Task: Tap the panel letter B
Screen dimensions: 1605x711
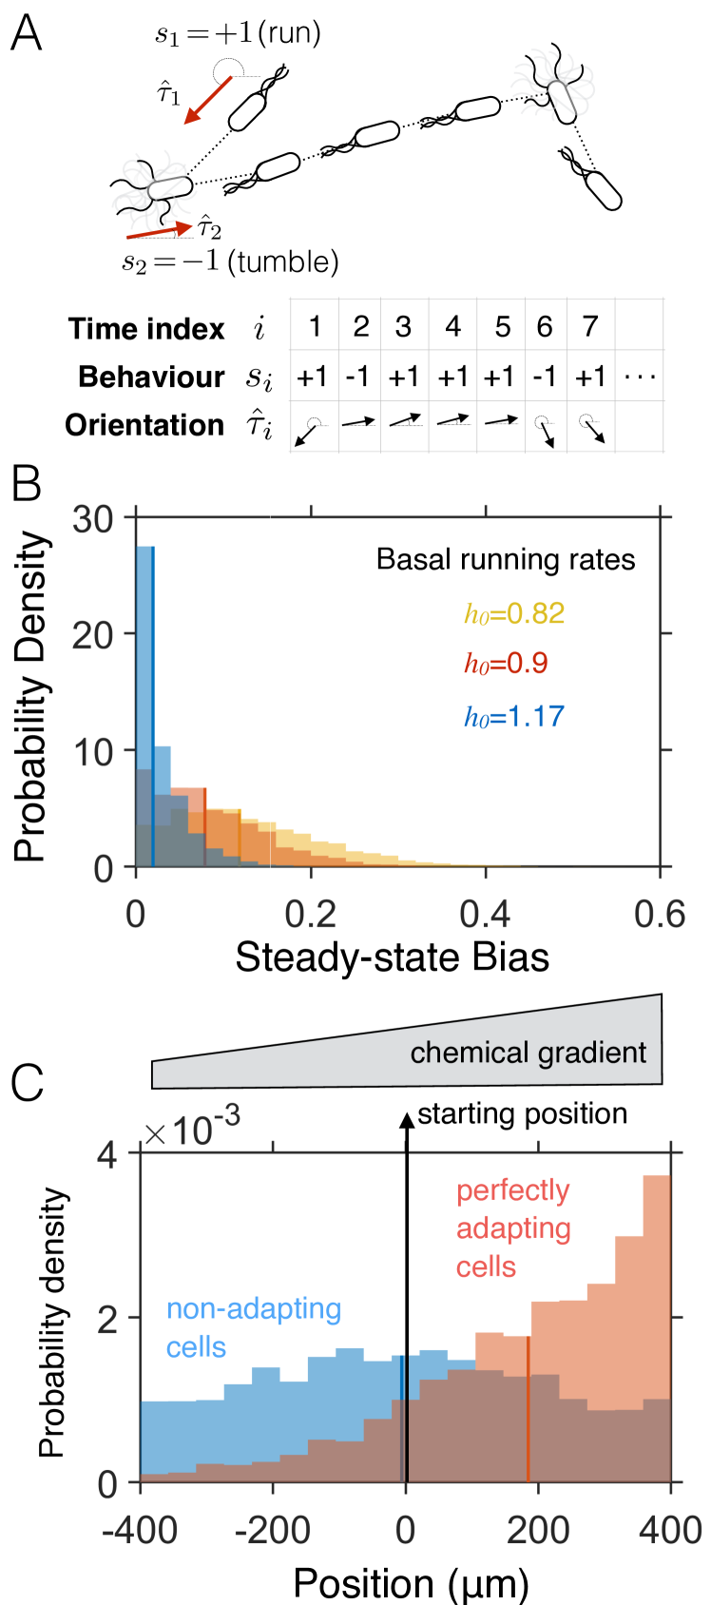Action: coord(26,484)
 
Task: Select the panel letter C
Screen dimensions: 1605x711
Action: coord(26,1083)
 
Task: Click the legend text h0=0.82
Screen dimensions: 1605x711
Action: coord(514,613)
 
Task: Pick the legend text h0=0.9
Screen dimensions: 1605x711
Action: coord(506,664)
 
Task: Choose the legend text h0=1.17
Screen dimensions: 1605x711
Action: coord(514,716)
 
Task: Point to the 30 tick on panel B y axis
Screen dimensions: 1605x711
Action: coord(92,519)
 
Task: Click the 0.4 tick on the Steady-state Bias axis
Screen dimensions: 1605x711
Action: coord(485,915)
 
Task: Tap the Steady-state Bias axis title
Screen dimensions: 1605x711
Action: coord(392,957)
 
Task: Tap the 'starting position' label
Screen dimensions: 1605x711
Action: coord(522,1113)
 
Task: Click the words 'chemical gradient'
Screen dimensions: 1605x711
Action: coord(528,1053)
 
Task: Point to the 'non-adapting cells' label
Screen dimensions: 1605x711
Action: coord(253,1327)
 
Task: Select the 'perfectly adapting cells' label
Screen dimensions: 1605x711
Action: coord(513,1228)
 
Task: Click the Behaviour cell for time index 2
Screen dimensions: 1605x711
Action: coord(358,377)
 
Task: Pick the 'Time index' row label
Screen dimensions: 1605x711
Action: coord(146,329)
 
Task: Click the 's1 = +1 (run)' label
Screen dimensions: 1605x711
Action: coord(238,34)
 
